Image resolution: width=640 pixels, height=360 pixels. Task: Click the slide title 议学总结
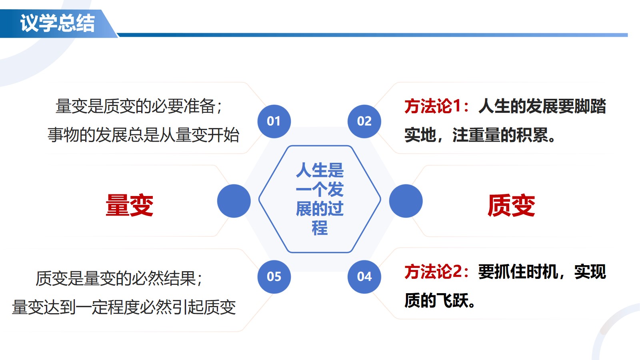click(57, 23)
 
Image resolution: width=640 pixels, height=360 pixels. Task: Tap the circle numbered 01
click(274, 122)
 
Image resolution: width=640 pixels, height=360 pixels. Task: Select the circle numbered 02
click(364, 122)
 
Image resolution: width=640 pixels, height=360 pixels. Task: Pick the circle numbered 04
click(364, 277)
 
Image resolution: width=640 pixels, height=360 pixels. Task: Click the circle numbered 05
click(274, 277)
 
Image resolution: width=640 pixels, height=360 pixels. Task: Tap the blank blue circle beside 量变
click(234, 201)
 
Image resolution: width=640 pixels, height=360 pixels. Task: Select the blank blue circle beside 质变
click(406, 201)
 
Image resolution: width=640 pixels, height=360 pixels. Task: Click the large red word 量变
click(130, 205)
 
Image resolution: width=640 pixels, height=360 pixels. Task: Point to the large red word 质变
click(511, 205)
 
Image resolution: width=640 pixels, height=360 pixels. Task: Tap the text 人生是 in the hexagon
click(320, 170)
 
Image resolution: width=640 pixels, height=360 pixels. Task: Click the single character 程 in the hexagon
click(320, 228)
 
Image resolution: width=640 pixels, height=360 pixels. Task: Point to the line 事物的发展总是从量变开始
click(144, 135)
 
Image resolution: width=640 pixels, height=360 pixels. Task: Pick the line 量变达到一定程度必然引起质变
click(124, 308)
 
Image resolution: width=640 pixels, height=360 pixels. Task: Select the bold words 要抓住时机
click(518, 272)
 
